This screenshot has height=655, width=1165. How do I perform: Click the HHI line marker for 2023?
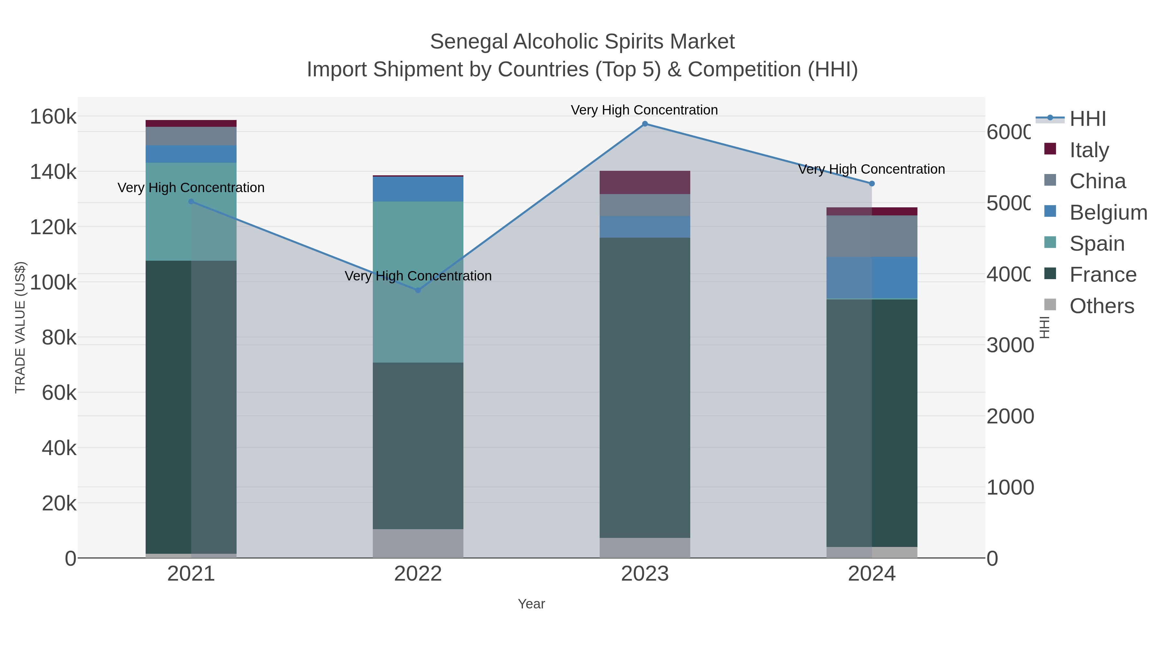[645, 124]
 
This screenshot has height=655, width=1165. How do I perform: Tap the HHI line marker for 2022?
[418, 290]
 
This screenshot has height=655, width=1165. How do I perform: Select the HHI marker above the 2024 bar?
[872, 183]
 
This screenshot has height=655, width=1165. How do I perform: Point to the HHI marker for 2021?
[191, 202]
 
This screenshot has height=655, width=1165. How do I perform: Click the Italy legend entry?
[1089, 150]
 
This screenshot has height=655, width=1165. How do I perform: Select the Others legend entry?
[1101, 306]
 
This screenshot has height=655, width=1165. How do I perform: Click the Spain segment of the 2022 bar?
[418, 282]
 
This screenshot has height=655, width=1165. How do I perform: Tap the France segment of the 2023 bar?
[645, 388]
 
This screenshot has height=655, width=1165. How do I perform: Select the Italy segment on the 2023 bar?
[645, 182]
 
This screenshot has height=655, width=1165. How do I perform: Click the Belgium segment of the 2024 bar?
[872, 278]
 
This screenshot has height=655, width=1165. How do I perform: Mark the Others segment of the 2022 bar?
[418, 543]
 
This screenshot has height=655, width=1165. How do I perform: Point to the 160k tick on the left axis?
[53, 117]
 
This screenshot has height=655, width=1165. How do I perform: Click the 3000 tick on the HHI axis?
[1009, 345]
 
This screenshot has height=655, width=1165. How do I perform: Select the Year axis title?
[531, 604]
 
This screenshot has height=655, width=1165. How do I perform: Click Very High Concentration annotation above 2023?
[644, 110]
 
